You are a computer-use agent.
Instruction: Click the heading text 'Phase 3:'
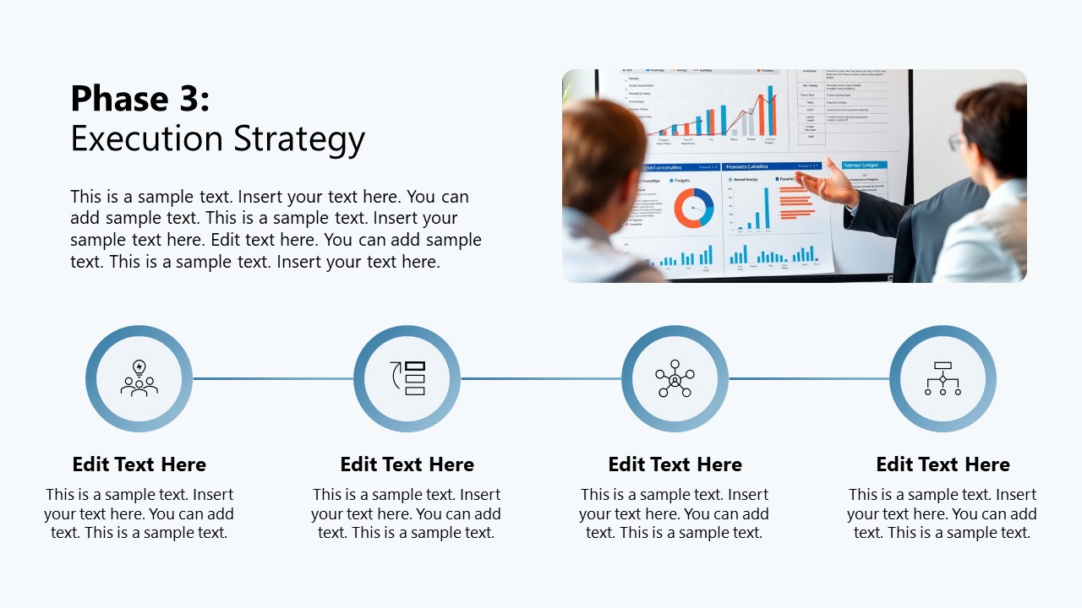[139, 99]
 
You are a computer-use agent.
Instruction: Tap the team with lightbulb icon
[139, 378]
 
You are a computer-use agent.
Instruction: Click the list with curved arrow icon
[407, 378]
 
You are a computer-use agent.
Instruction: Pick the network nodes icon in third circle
[675, 378]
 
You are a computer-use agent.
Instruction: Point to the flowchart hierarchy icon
[943, 378]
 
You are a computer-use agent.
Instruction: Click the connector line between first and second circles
[272, 378]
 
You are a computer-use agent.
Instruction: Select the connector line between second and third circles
[541, 378]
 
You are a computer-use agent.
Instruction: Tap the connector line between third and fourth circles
[809, 378]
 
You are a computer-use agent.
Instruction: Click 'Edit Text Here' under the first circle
[139, 464]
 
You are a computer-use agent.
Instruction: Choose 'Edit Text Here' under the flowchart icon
[943, 464]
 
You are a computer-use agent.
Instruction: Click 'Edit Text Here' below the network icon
[675, 464]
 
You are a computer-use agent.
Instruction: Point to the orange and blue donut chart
[693, 208]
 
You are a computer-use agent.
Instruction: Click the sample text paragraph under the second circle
[407, 513]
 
